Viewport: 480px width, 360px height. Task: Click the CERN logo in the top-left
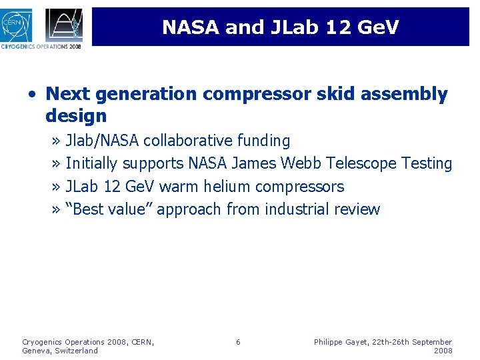(x=19, y=23)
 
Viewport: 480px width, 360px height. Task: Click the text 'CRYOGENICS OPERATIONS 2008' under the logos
(x=41, y=47)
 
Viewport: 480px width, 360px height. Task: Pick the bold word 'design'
(x=76, y=116)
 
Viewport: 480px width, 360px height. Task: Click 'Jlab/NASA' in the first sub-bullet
(x=103, y=141)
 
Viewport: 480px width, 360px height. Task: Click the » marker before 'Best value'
(x=57, y=209)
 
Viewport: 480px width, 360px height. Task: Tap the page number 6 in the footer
(x=238, y=342)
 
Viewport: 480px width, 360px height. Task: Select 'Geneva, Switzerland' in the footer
(x=60, y=351)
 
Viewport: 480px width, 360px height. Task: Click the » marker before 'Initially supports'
(x=57, y=163)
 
